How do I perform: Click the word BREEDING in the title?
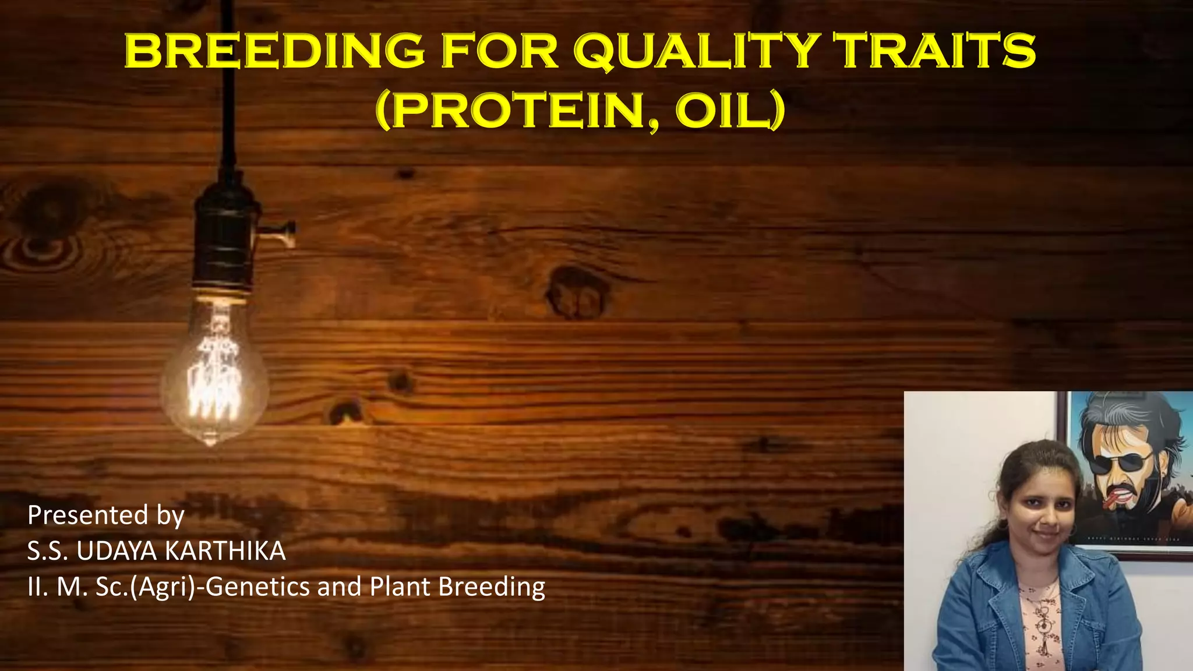coord(274,51)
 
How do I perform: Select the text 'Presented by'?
coord(106,515)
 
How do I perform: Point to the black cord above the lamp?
coord(229,87)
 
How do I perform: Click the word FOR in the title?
coord(500,51)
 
